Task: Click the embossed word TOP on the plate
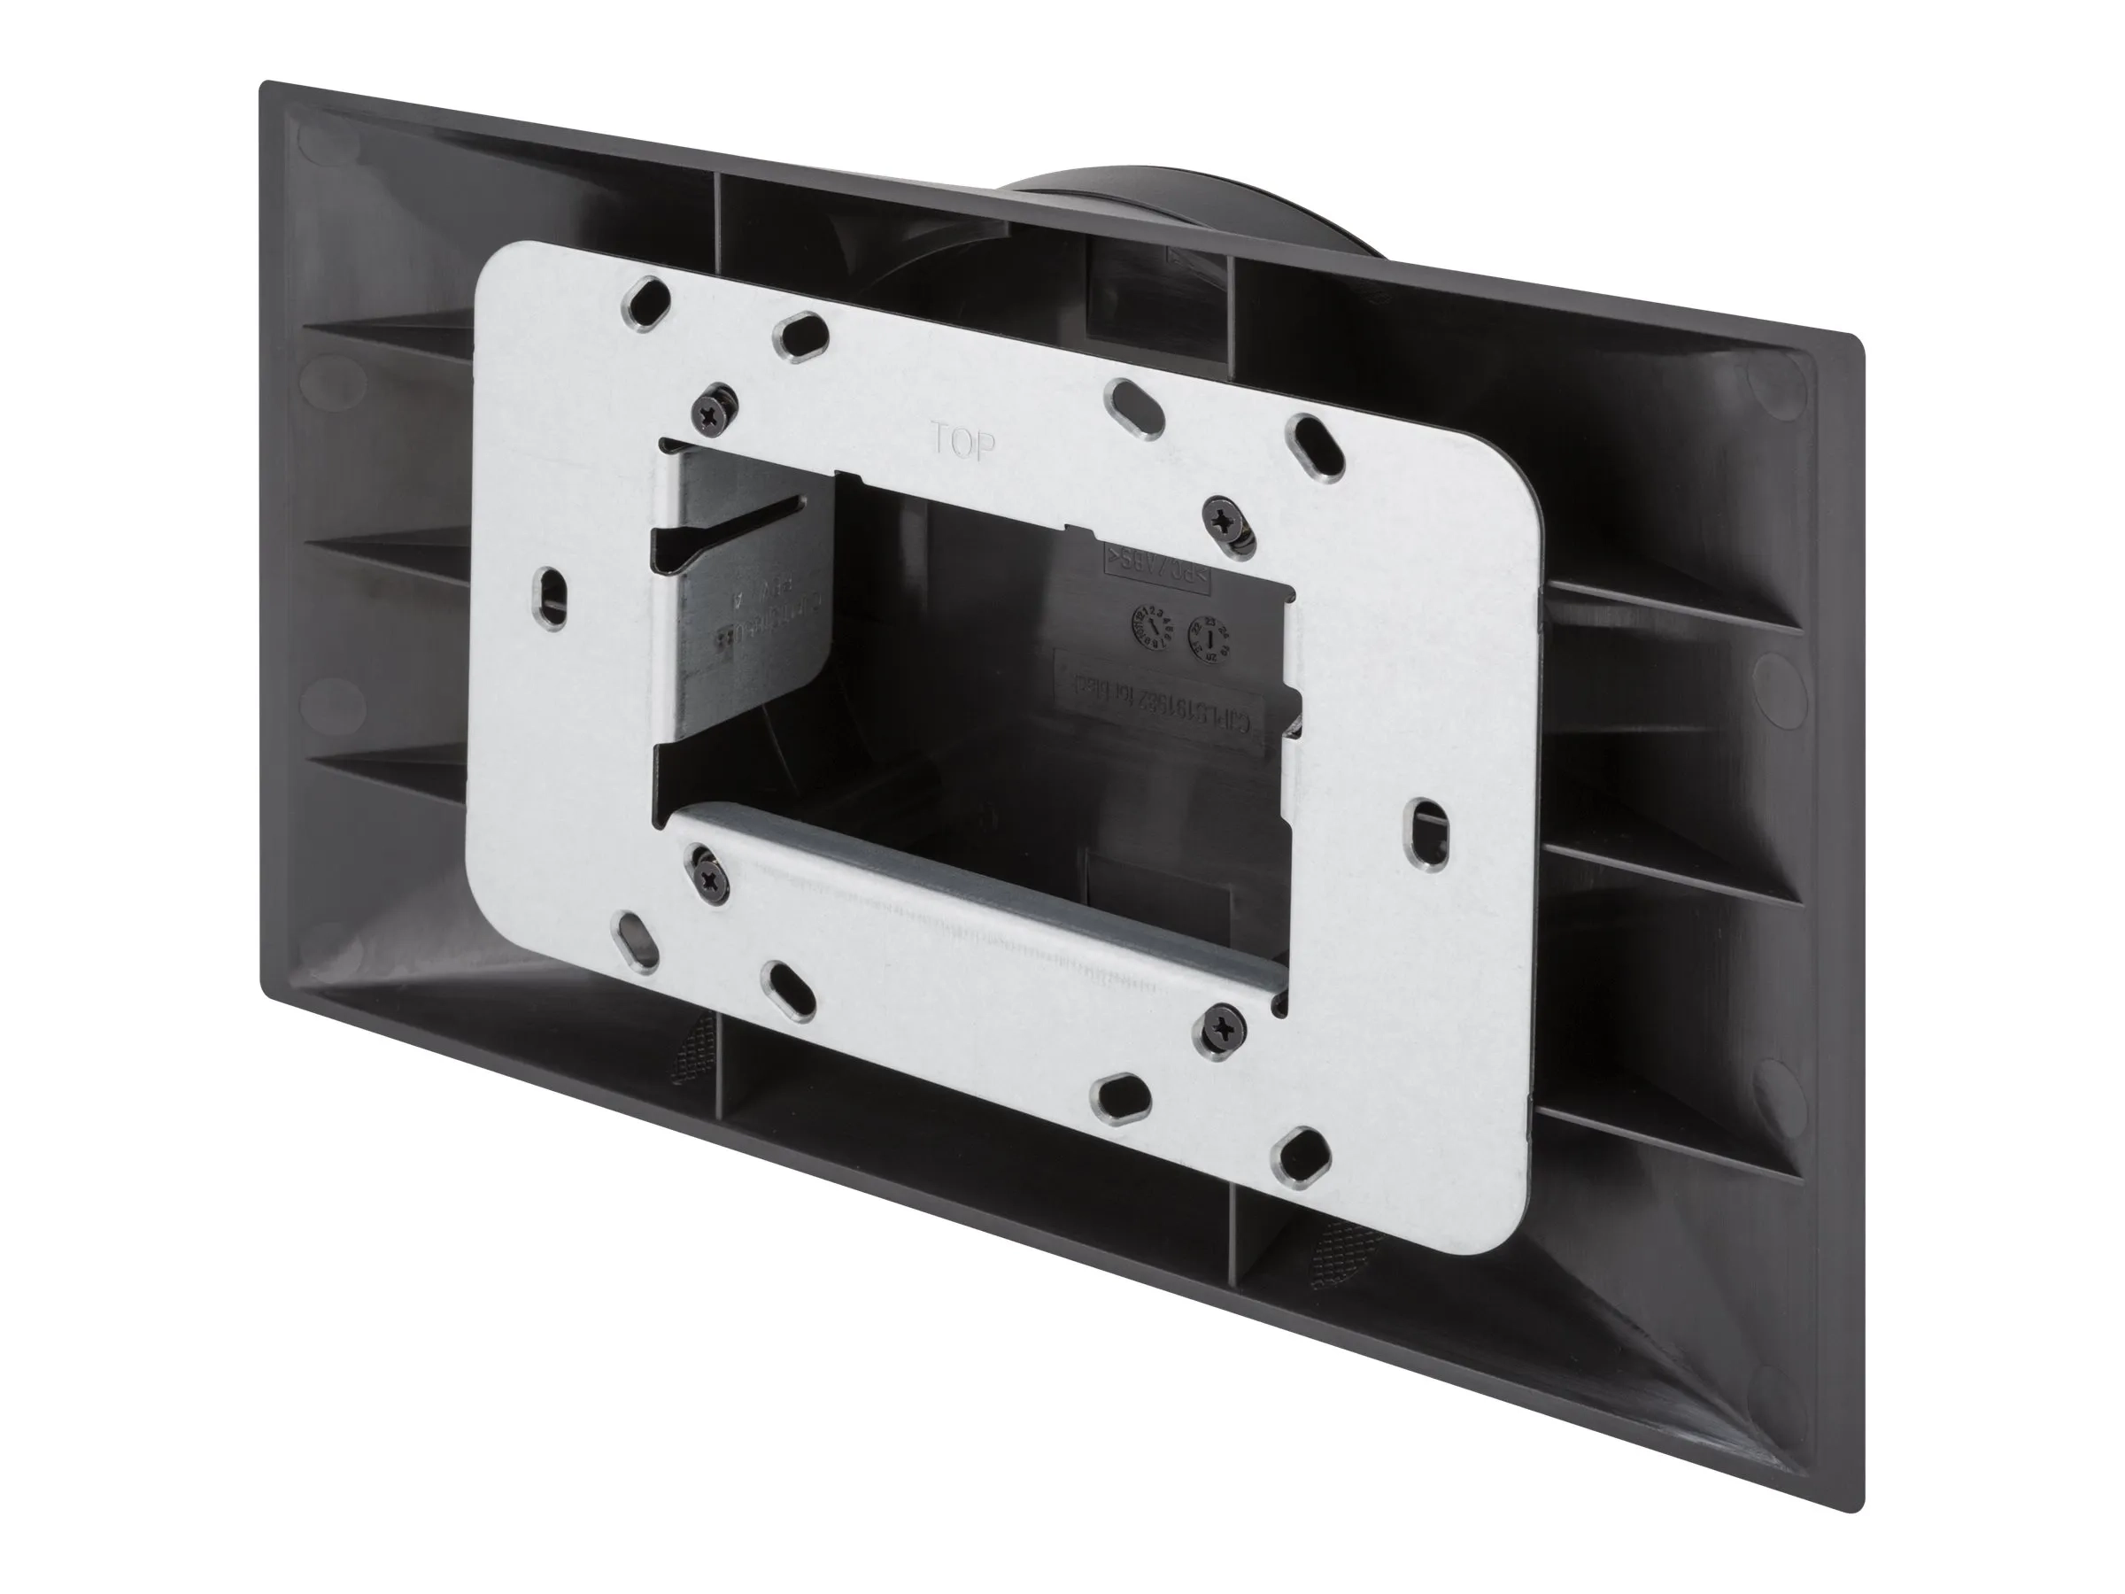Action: pyautogui.click(x=962, y=443)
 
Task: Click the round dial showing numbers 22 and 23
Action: pyautogui.click(x=1210, y=635)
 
